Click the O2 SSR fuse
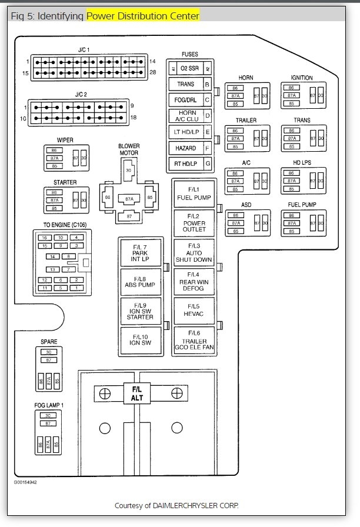[189, 69]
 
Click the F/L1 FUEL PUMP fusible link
[194, 194]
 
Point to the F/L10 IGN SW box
[139, 339]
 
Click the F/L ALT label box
[136, 393]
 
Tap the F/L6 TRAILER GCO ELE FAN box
[194, 339]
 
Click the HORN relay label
[246, 78]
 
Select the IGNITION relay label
[302, 78]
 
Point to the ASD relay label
[247, 205]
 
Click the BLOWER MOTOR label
[128, 149]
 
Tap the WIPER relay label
[65, 140]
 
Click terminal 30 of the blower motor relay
[128, 171]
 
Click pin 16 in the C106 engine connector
[44, 238]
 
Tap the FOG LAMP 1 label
[49, 405]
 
